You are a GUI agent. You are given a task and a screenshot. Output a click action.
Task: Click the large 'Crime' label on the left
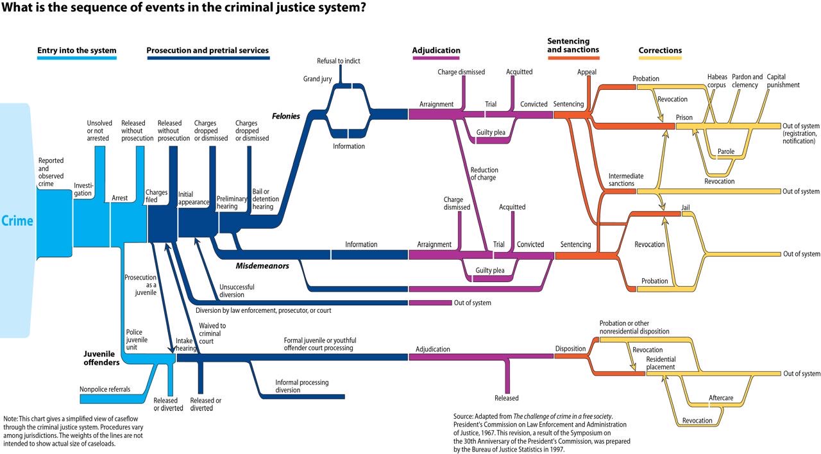click(17, 221)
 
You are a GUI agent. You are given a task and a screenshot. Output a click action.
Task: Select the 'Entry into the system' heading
click(77, 51)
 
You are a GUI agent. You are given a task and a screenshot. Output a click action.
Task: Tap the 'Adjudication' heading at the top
click(436, 51)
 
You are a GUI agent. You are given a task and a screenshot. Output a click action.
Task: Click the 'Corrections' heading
click(660, 51)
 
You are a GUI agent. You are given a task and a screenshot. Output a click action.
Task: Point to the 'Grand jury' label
click(317, 79)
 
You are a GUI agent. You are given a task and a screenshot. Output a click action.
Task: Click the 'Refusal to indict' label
click(339, 61)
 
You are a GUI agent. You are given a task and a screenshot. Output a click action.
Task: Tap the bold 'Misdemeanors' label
click(262, 265)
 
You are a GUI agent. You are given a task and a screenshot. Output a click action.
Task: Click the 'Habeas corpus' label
click(717, 81)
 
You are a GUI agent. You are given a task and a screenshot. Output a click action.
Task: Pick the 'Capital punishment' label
click(783, 81)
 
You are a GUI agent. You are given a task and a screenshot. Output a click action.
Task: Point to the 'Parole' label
click(726, 152)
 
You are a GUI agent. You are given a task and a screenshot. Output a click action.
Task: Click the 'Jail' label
click(686, 208)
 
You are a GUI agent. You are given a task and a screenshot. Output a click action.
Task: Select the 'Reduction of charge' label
click(483, 174)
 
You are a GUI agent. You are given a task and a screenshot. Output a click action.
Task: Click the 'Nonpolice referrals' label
click(105, 389)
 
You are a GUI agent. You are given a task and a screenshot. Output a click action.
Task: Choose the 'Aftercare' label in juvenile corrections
click(721, 398)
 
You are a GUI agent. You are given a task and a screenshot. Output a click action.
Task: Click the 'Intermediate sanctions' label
click(626, 180)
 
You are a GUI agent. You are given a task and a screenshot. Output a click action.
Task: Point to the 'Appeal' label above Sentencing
click(587, 72)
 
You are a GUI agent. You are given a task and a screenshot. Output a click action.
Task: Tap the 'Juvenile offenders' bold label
click(101, 358)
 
